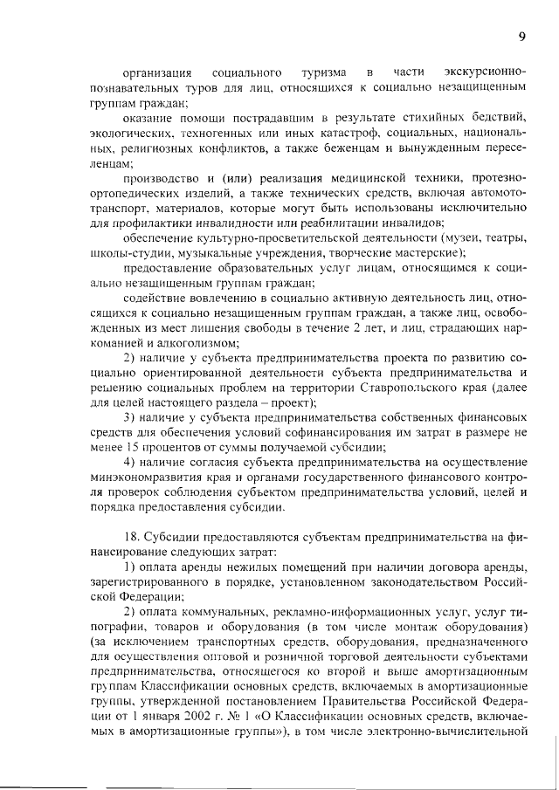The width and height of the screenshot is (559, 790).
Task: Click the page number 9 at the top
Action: click(521, 37)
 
